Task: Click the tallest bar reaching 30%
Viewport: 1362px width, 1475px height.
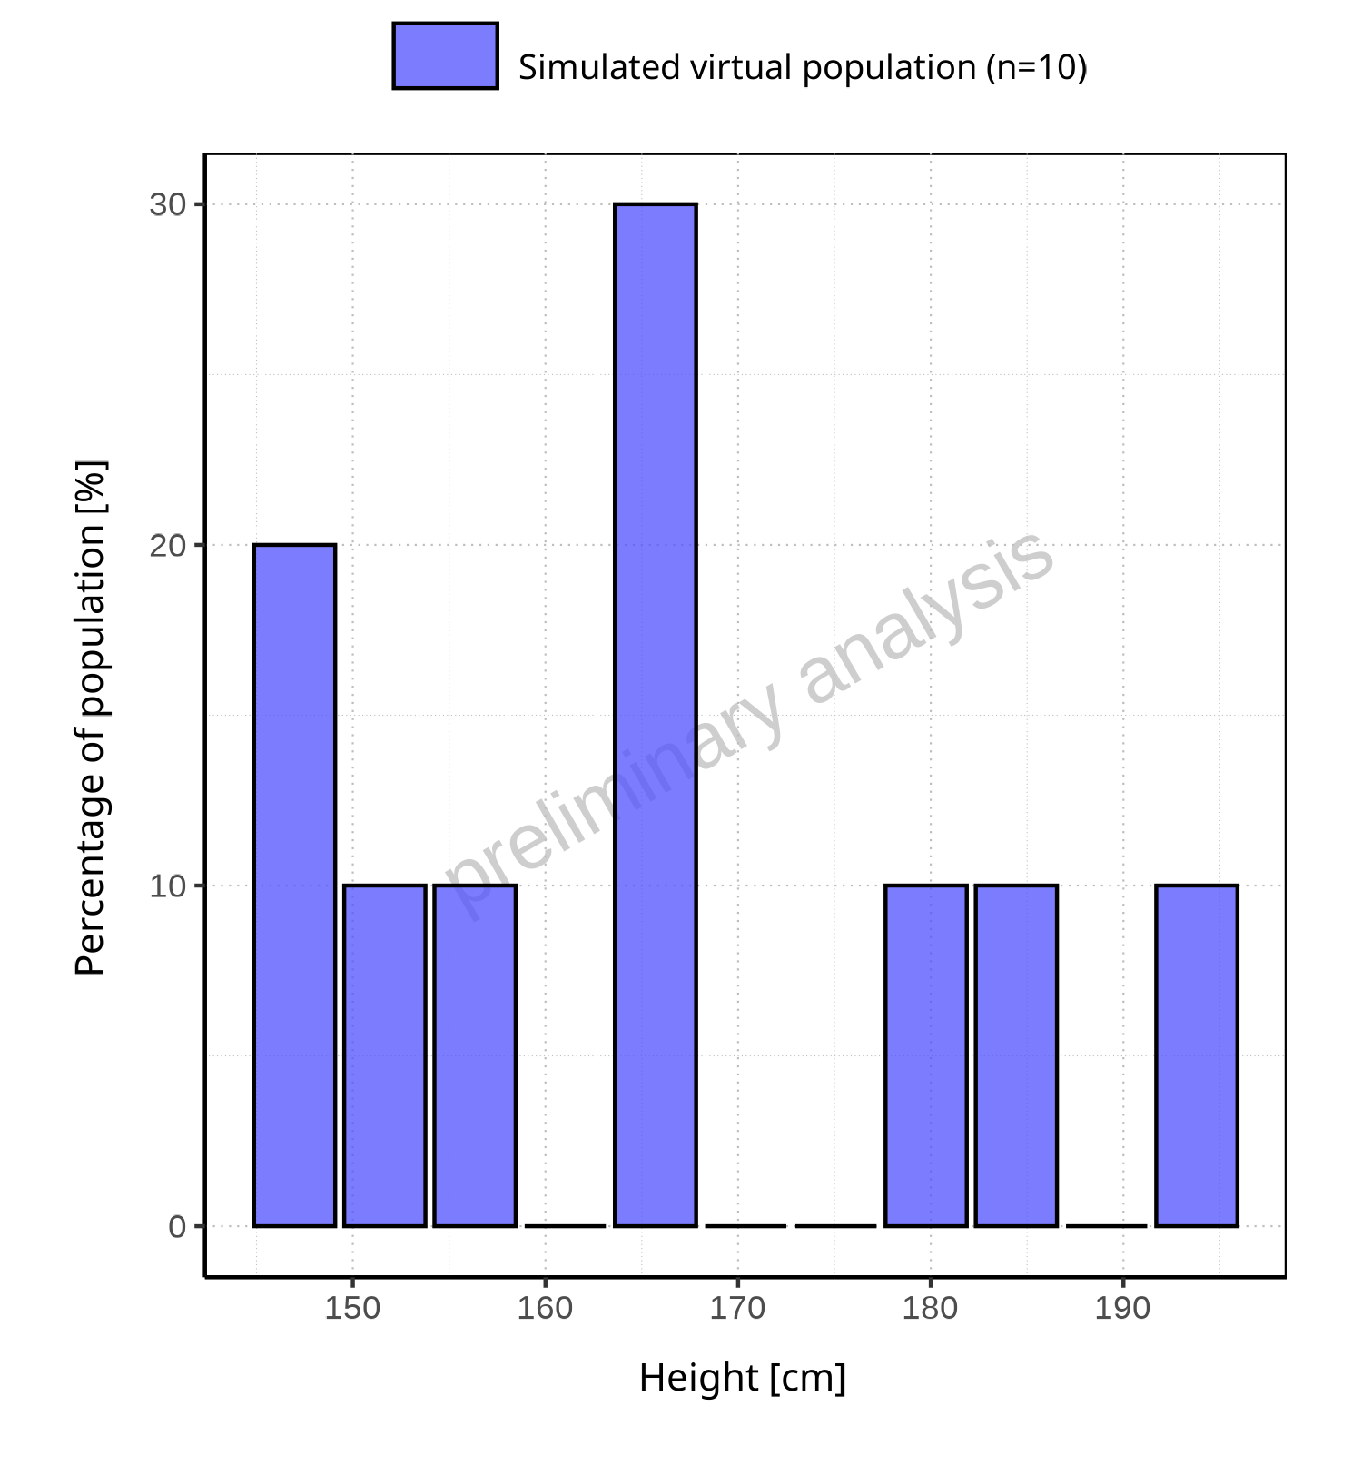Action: (655, 715)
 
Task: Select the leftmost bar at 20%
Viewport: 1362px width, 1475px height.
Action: (294, 886)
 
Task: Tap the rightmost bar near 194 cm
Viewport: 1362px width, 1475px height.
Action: (1196, 1055)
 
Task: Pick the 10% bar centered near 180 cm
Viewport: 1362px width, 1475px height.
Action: (926, 1055)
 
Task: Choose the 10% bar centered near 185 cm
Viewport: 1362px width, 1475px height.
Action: (1016, 1055)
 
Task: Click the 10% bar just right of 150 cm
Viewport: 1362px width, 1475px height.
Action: (385, 1055)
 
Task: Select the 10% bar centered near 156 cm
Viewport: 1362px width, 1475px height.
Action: (475, 1055)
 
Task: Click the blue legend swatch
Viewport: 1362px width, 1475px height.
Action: (445, 56)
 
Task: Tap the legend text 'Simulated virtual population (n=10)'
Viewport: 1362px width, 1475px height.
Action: (803, 68)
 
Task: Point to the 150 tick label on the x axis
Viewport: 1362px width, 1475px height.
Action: (352, 1309)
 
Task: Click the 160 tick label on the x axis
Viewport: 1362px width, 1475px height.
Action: (545, 1309)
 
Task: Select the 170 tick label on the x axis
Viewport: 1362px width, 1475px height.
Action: (737, 1309)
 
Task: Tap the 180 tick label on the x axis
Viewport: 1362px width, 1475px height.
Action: (931, 1309)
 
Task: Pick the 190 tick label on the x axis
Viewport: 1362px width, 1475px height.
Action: (1123, 1309)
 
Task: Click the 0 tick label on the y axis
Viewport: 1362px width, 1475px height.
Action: (177, 1227)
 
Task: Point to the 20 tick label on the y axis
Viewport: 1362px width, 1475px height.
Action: (168, 546)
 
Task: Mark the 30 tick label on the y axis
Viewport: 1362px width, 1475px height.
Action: (168, 205)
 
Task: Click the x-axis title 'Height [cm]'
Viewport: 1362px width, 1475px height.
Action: (742, 1379)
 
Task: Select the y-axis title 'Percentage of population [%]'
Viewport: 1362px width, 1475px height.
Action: (91, 718)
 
